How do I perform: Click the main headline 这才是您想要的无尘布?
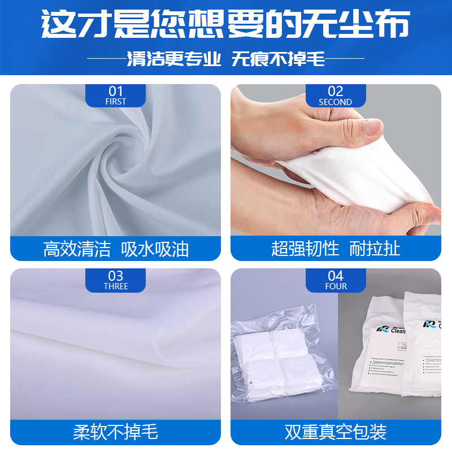(x=226, y=24)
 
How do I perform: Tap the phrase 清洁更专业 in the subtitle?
(x=174, y=59)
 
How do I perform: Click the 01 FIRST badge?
(x=115, y=95)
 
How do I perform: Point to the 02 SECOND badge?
(x=336, y=95)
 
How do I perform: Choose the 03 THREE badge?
(x=115, y=280)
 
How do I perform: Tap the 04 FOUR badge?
(x=336, y=280)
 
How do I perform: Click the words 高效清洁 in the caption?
(x=77, y=249)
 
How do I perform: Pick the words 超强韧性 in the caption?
(x=305, y=249)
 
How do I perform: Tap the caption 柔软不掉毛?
(x=115, y=433)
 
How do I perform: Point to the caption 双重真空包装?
(x=336, y=433)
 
